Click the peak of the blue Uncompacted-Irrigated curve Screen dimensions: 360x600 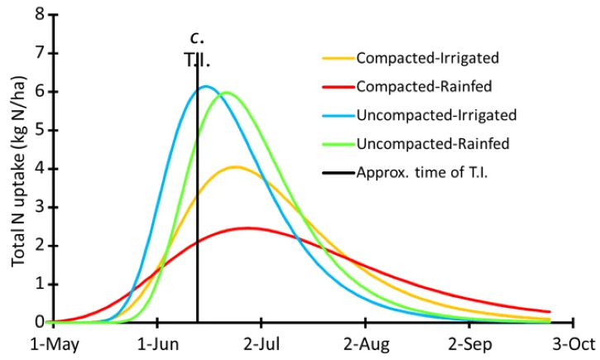(205, 86)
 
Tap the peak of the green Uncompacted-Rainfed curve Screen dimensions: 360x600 (225, 93)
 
